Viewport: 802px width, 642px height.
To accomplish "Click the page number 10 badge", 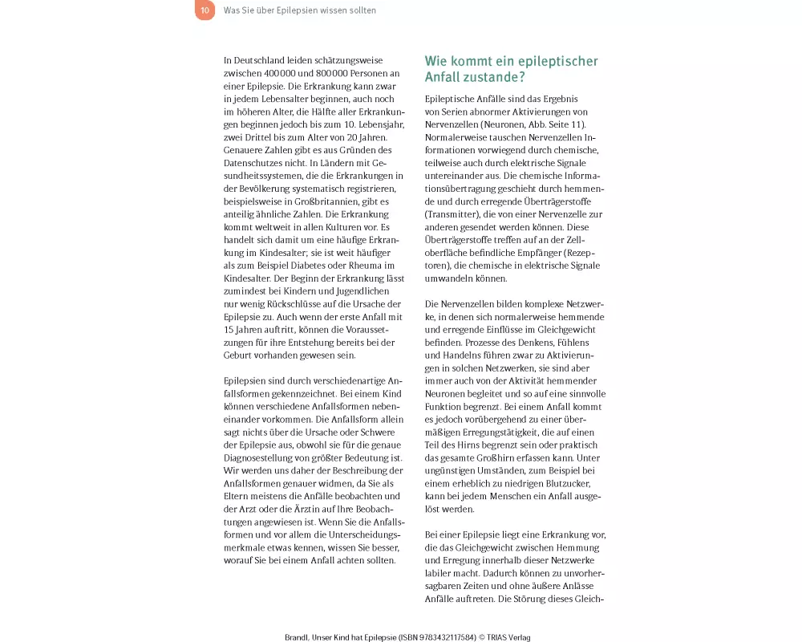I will click(205, 10).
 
